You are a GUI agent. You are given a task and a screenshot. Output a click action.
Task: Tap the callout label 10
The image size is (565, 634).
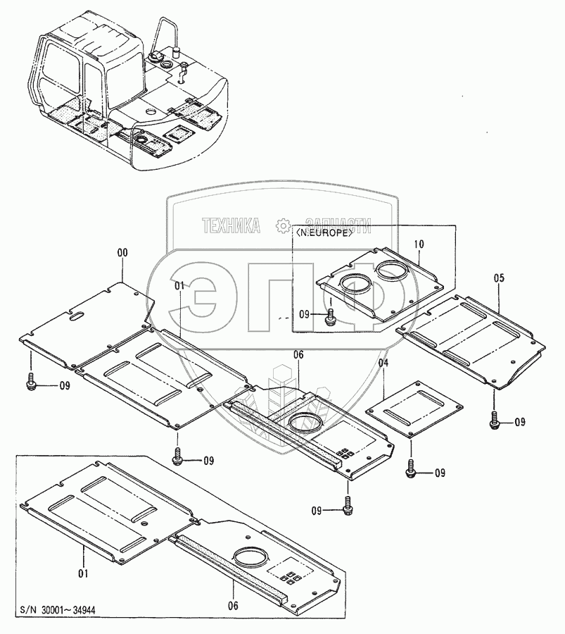point(419,244)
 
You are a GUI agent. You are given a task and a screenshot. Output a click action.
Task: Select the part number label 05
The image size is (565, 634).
point(499,278)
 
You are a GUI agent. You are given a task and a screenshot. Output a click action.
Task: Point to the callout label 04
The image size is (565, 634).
point(383,363)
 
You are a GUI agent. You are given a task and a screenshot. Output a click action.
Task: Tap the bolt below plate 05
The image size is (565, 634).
point(495,421)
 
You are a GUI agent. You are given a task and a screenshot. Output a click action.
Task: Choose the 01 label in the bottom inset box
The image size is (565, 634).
point(84,573)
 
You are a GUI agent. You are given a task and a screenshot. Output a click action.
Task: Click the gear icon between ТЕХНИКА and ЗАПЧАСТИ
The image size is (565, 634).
point(283,225)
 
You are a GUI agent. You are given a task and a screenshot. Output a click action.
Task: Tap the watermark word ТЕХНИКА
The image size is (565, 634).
point(231,225)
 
